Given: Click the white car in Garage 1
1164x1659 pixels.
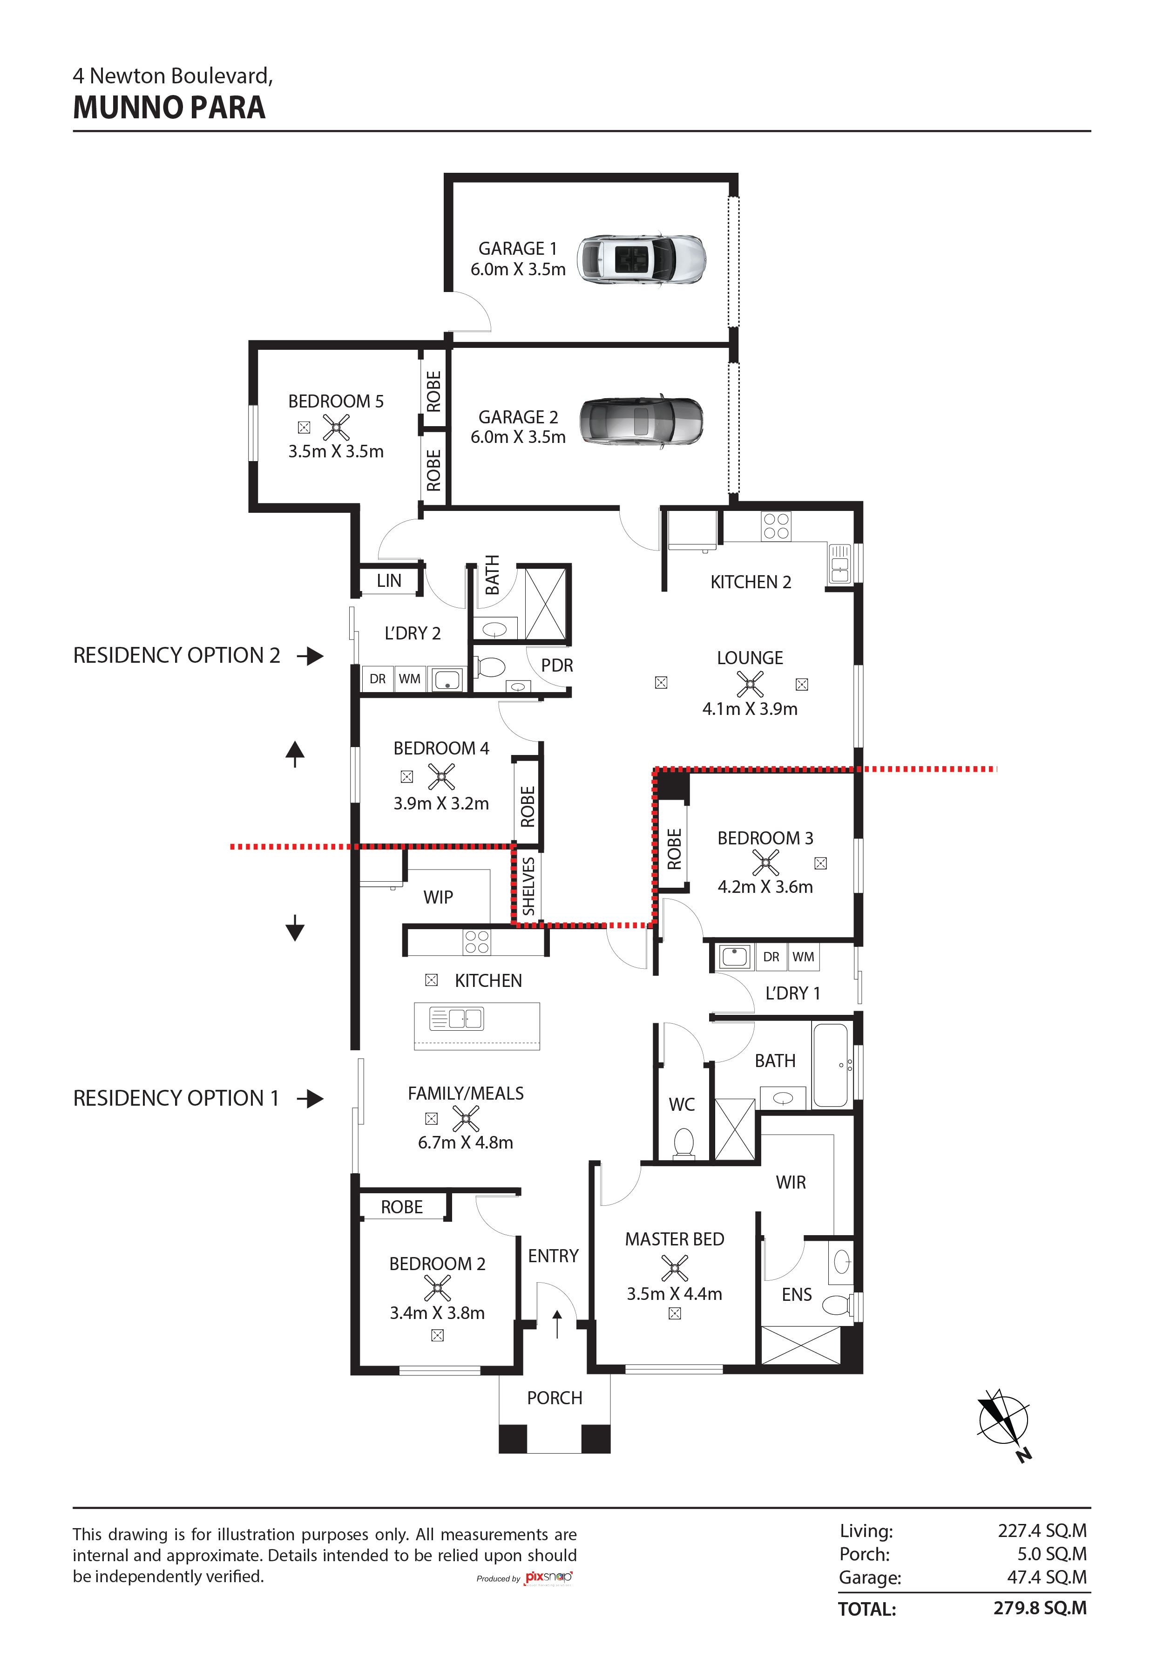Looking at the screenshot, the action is coord(642,258).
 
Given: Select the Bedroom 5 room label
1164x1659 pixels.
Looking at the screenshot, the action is coord(336,402).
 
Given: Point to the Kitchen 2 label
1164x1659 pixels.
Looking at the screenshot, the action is coord(751,582).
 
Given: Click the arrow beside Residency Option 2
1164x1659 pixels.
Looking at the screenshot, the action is coord(311,656).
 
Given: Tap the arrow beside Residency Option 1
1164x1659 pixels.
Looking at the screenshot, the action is coord(311,1099).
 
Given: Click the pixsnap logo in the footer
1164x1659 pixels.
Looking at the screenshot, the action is coord(548,1577).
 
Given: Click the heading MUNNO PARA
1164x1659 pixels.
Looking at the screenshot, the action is coord(169,108).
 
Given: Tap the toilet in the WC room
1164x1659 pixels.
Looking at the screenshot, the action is coord(683,1144).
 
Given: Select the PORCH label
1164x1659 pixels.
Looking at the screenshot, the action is coord(554,1398).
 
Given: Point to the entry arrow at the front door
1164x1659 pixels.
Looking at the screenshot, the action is coord(557,1324).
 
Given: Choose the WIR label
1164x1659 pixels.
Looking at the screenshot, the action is coord(791,1183).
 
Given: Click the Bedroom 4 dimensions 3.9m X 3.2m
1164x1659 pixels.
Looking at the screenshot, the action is coord(441,803).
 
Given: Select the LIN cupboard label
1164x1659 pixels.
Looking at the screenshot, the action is coord(389,580).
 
